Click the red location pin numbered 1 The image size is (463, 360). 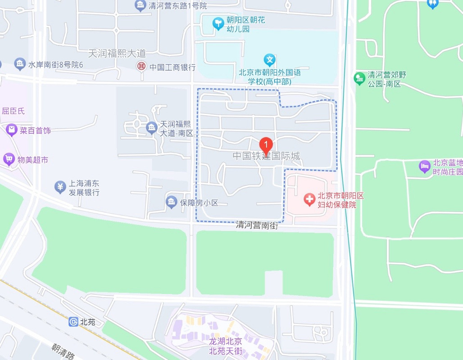click(266, 145)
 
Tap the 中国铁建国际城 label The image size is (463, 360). click(266, 156)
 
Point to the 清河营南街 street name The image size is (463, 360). click(257, 225)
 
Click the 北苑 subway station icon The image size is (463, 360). click(73, 322)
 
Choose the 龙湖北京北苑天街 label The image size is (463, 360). click(226, 346)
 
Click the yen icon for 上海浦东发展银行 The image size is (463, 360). click(60, 187)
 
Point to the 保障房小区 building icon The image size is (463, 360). click(171, 202)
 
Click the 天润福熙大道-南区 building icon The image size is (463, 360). click(152, 128)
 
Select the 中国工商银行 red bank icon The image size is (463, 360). click(141, 67)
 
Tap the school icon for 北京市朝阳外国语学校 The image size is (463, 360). click(269, 60)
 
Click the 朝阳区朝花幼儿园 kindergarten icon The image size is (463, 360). click(218, 23)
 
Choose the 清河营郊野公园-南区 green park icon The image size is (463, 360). click(359, 78)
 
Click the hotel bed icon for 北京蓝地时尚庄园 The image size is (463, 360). click(424, 166)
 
